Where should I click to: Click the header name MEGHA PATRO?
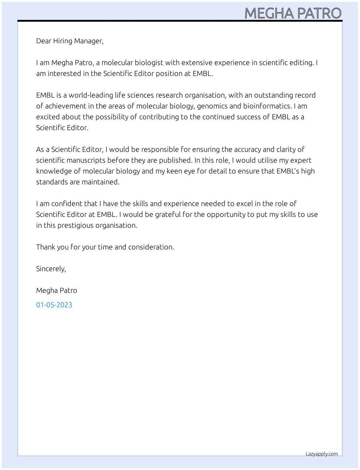pos(293,13)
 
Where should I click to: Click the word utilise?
pos(267,160)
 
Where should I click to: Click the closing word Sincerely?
pos(51,269)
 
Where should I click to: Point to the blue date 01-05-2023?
pos(54,305)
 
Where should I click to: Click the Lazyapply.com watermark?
pos(322,454)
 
